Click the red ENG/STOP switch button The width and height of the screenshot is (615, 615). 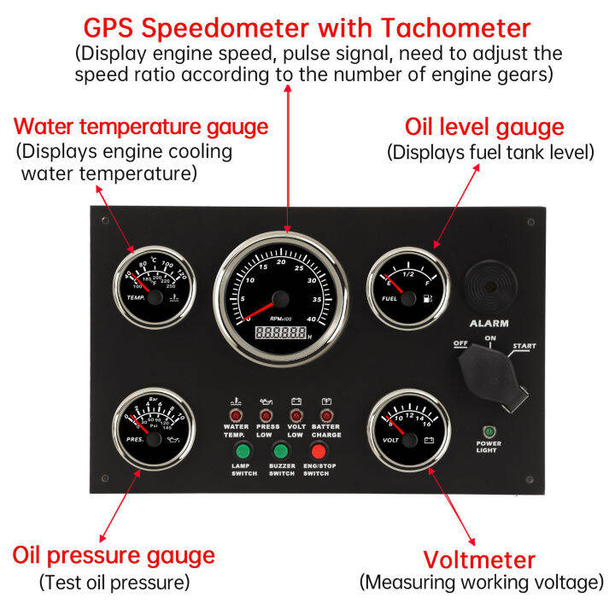tap(319, 450)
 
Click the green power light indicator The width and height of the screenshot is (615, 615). tap(489, 431)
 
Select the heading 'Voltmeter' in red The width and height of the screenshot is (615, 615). tap(479, 560)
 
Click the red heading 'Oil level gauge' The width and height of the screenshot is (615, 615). tap(483, 128)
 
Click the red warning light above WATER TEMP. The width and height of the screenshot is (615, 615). tap(236, 414)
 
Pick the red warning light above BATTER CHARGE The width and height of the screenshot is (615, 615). tap(325, 414)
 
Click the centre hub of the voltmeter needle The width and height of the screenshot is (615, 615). tap(407, 441)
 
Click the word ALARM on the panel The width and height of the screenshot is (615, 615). tap(489, 324)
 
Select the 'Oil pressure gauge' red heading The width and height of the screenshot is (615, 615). tap(114, 556)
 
